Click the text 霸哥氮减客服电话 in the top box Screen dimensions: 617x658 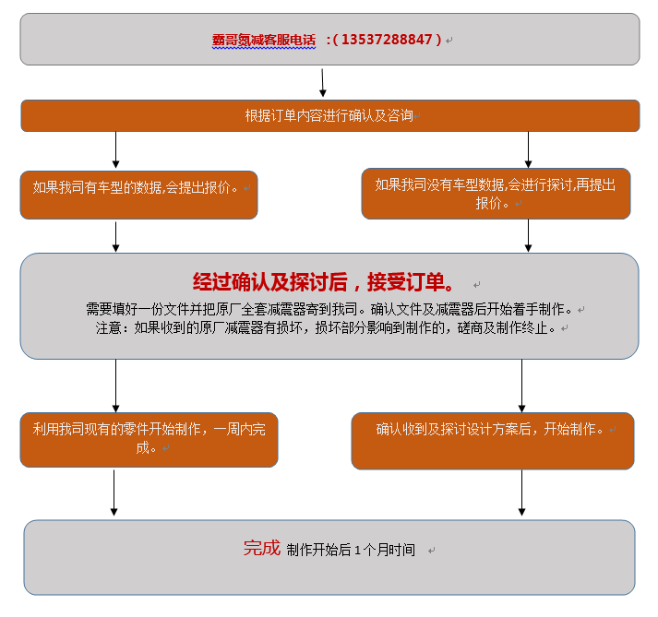(264, 41)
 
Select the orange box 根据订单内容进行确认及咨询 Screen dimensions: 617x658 (329, 116)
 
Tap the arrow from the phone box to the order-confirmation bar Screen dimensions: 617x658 (323, 82)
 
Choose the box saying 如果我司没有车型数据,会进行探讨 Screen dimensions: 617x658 (496, 194)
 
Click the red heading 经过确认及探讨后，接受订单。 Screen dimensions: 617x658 (323, 282)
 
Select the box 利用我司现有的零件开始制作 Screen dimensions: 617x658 (149, 439)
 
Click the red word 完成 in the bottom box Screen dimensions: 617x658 (261, 548)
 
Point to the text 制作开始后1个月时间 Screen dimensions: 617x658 (351, 550)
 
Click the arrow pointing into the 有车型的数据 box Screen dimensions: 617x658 (115, 150)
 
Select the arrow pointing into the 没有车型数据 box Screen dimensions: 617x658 (528, 149)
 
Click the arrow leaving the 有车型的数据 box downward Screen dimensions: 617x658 (115, 235)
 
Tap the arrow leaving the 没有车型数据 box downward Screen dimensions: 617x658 (528, 235)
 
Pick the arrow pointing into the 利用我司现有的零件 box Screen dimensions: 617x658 (115, 385)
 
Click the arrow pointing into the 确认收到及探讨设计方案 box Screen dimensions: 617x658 (521, 385)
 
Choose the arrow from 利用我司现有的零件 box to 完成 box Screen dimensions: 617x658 (114, 492)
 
